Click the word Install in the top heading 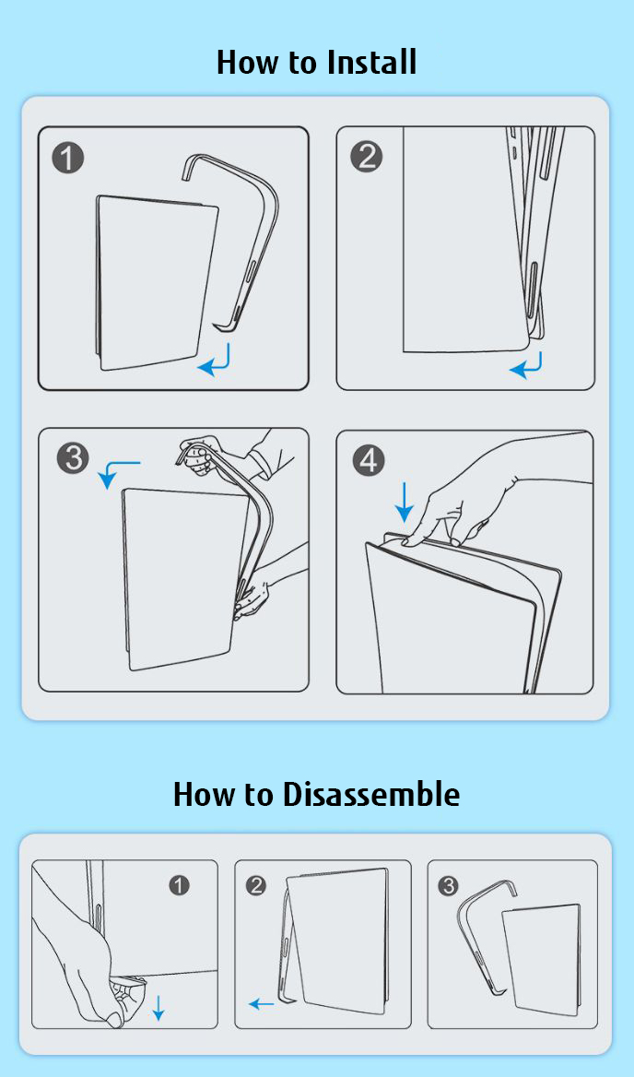[x=371, y=62]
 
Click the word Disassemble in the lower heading [x=371, y=794]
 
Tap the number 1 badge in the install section [x=68, y=158]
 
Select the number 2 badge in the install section [x=367, y=158]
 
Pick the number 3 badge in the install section [x=72, y=457]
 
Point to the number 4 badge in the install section [x=368, y=461]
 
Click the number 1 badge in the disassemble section [x=179, y=885]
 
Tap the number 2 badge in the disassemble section [x=255, y=885]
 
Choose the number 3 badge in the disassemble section [x=448, y=885]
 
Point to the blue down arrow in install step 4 [x=405, y=503]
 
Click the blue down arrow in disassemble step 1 [x=158, y=1007]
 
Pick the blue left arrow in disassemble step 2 [x=261, y=1004]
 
